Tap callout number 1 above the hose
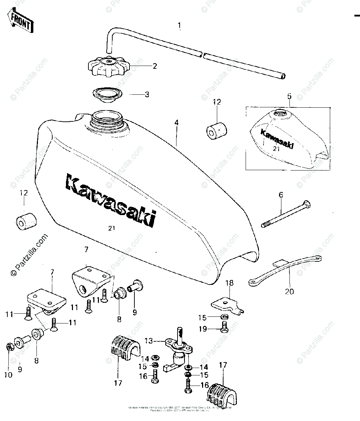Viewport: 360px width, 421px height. point(179,26)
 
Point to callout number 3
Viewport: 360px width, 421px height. point(147,94)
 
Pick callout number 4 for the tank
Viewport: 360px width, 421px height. point(176,123)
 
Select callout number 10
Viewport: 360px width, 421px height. point(8,375)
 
